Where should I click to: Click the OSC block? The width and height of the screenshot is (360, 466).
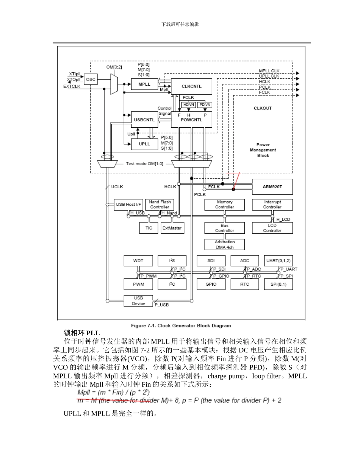coord(91,80)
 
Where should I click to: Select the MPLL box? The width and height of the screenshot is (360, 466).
coord(144,84)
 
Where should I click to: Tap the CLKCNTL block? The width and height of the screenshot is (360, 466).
coord(191,86)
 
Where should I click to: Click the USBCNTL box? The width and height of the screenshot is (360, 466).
coord(144,120)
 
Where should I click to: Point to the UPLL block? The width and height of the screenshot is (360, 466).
coord(144,144)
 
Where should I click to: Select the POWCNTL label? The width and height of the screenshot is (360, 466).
coord(191,120)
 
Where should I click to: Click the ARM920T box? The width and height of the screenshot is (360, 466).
coord(272,186)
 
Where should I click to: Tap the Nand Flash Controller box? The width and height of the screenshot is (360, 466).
coord(160,205)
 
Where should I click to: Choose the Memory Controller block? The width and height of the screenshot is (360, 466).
coord(224,205)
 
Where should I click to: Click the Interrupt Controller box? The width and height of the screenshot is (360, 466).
coord(272,205)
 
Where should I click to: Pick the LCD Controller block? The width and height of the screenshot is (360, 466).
coord(272,228)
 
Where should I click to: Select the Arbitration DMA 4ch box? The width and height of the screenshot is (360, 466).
coord(224,244)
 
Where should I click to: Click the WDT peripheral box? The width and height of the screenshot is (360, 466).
coord(138,261)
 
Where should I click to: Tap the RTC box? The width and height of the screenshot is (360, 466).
coord(245,284)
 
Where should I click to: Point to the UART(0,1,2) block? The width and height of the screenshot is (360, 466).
coord(278,261)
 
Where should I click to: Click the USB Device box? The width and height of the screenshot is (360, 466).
coord(138,301)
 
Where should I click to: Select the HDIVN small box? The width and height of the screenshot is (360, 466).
coord(188,105)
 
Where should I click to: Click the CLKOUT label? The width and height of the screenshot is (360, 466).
coord(263,108)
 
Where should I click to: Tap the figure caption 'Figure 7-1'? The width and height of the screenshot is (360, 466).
coord(181,325)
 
